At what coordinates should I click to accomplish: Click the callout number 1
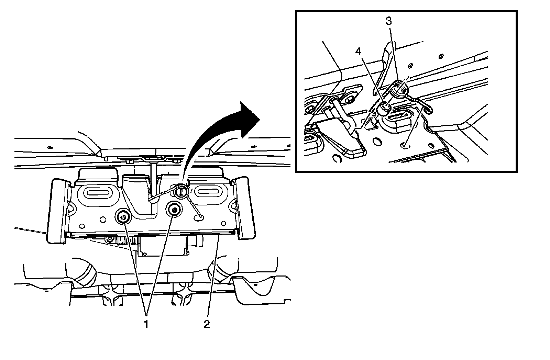click(146, 324)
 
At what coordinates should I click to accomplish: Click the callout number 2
click(206, 324)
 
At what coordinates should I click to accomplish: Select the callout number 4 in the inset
click(359, 52)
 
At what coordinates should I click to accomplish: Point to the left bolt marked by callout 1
click(123, 216)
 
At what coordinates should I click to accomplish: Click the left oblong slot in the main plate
click(98, 193)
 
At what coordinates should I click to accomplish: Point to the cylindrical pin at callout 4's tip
click(384, 108)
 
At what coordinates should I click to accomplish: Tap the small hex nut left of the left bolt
click(82, 226)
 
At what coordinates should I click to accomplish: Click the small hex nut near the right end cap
click(224, 223)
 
